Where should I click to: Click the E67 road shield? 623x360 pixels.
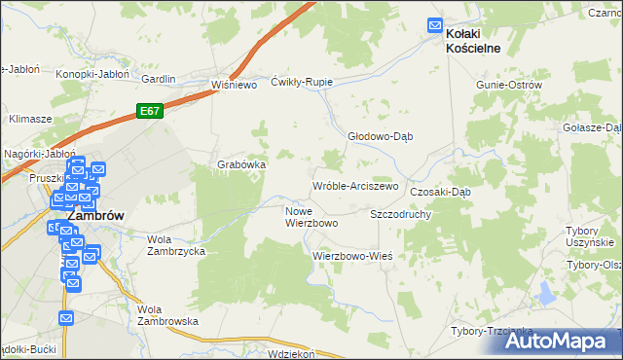(x=149, y=112)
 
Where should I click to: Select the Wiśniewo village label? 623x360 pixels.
(x=233, y=85)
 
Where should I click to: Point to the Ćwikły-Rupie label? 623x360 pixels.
(x=302, y=82)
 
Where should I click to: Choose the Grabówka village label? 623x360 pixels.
(x=241, y=164)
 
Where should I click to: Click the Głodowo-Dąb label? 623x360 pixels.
(x=381, y=136)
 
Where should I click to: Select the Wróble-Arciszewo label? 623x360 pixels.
(x=354, y=186)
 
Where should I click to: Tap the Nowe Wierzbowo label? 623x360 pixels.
(x=311, y=217)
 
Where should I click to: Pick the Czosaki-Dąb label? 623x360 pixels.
(x=440, y=192)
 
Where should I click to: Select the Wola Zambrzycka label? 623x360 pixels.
(x=175, y=244)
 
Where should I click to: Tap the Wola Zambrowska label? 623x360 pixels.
(x=167, y=314)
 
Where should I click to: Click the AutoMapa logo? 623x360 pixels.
(x=559, y=342)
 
